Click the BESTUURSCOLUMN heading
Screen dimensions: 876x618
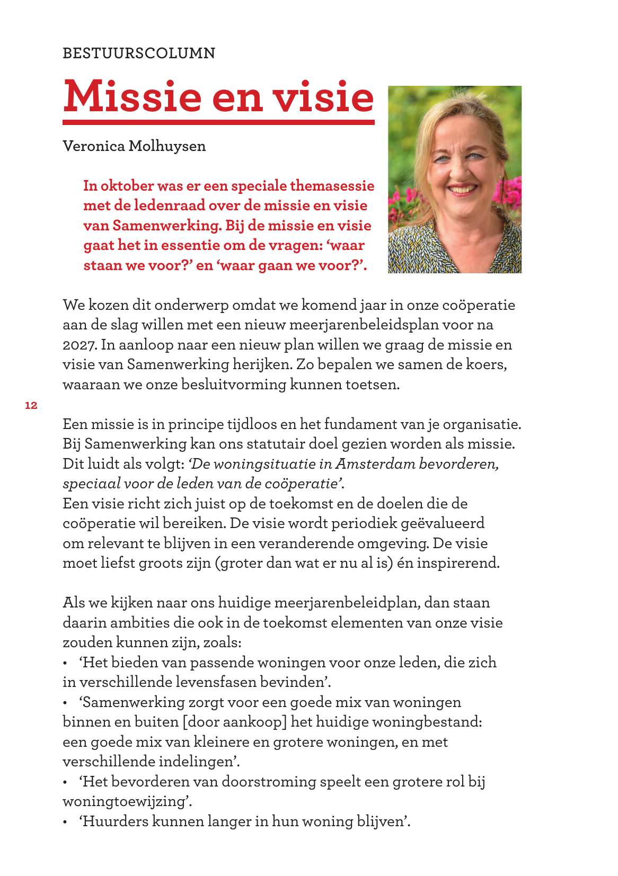tap(139, 53)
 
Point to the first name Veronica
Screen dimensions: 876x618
tap(93, 146)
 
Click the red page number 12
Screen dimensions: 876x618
tap(31, 406)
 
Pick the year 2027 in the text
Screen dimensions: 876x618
tap(80, 345)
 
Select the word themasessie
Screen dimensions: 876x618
tap(332, 186)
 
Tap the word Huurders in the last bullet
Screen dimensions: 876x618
tap(116, 821)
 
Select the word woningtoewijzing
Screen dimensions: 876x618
tap(124, 801)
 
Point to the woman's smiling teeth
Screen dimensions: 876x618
tap(462, 190)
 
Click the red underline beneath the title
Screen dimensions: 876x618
tap(218, 122)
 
